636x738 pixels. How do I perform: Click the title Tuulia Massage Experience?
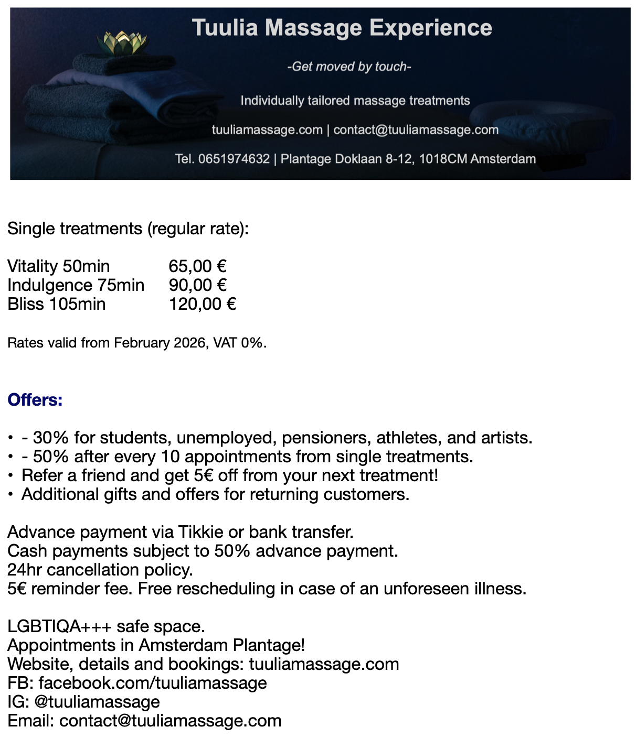[x=342, y=28]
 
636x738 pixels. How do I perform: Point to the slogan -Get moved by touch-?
[x=349, y=67]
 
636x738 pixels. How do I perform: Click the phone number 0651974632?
[x=234, y=159]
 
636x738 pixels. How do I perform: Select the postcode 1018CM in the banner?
[x=443, y=159]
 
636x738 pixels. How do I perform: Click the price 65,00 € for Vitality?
[x=197, y=266]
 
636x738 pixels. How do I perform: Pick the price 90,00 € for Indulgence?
[x=197, y=285]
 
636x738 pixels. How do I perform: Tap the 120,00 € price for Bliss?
[x=202, y=304]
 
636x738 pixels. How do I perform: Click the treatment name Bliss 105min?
[x=57, y=304]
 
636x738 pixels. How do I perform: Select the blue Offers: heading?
[x=35, y=400]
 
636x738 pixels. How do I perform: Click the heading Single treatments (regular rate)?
[x=128, y=229]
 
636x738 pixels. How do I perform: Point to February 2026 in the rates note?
[x=160, y=343]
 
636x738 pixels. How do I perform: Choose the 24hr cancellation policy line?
[x=100, y=570]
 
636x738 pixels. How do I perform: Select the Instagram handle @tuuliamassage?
[x=97, y=702]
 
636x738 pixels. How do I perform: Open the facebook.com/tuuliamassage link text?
[x=153, y=683]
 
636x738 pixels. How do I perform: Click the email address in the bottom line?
[x=171, y=721]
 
